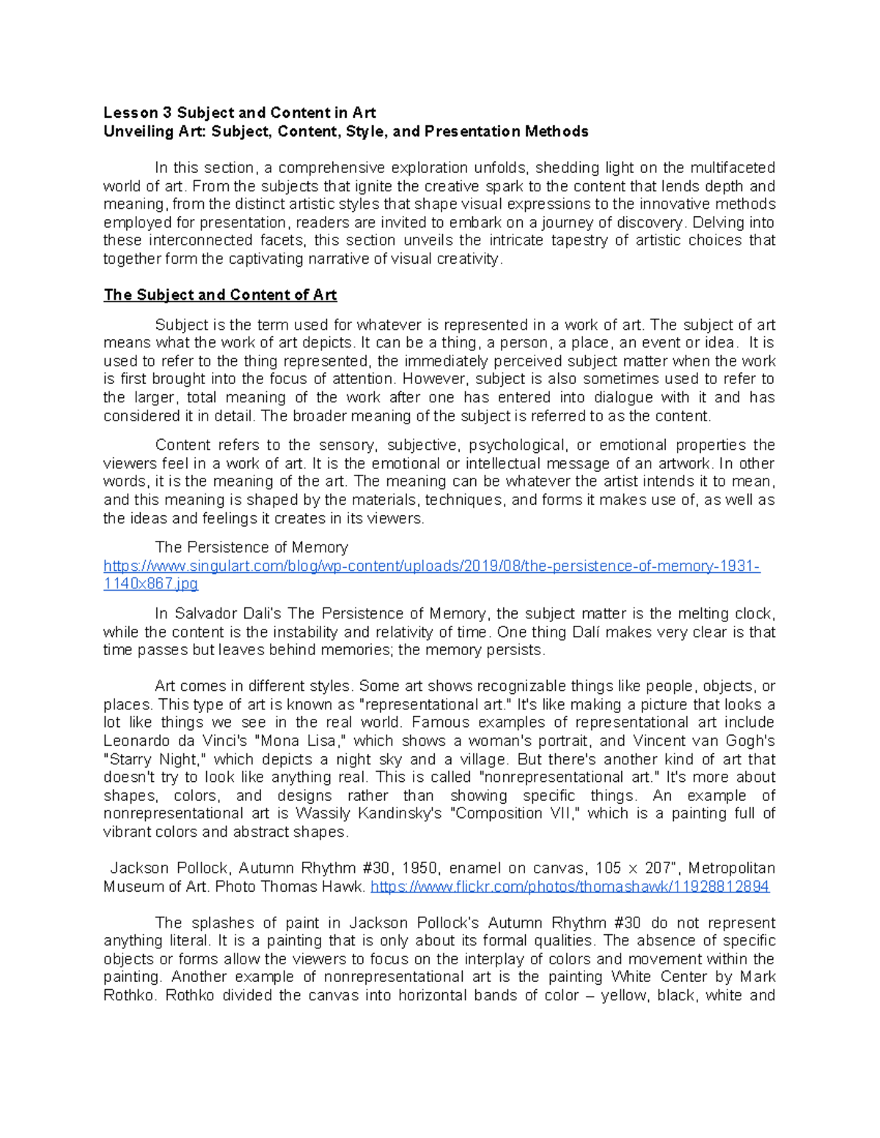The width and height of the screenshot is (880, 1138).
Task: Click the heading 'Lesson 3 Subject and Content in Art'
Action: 239,113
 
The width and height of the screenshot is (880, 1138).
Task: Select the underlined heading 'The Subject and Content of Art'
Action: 219,295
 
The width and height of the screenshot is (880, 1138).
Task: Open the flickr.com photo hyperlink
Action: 570,887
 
